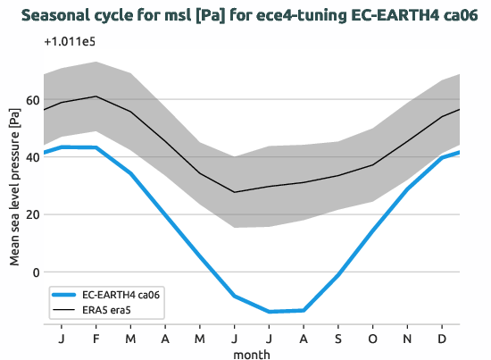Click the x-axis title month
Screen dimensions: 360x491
click(252, 353)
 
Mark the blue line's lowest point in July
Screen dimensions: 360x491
click(270, 312)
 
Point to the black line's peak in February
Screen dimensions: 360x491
click(96, 96)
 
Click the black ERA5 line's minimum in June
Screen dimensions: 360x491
click(235, 192)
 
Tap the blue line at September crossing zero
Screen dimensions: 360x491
click(339, 273)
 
